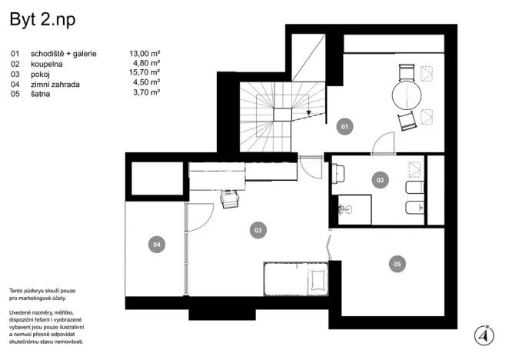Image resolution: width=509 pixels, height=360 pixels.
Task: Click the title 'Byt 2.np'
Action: click(43, 21)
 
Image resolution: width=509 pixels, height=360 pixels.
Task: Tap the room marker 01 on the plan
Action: click(344, 126)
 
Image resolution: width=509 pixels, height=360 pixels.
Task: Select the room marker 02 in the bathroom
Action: click(379, 181)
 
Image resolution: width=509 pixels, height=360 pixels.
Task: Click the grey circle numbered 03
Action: click(258, 228)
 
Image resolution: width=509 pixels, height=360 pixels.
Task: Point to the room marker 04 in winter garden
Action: click(156, 245)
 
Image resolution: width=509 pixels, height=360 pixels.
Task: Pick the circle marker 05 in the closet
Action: click(397, 264)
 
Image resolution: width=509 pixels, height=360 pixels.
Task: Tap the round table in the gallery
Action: click(408, 95)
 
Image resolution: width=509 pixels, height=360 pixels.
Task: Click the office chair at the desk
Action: click(229, 199)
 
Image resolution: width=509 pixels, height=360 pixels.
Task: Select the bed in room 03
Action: click(296, 278)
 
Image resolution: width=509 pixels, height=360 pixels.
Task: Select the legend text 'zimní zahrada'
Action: click(56, 83)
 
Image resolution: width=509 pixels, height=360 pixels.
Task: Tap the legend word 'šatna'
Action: click(42, 93)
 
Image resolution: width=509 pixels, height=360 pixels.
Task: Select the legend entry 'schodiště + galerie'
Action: click(64, 54)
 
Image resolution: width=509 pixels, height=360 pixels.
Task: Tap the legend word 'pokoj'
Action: click(42, 73)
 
